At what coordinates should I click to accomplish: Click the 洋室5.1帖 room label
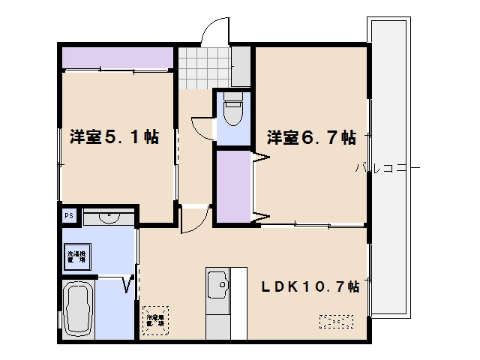coord(113,137)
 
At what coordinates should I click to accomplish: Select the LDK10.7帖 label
coord(310,287)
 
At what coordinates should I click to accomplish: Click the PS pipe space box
coord(68,216)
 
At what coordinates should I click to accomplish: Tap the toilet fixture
coord(232,112)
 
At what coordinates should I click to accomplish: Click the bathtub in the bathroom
coord(78,310)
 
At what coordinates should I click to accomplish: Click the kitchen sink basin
coord(219,285)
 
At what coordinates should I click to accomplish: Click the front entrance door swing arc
coord(212,32)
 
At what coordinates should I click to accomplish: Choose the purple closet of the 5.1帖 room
coord(118,57)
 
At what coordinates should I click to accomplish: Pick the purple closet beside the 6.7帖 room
coord(233,186)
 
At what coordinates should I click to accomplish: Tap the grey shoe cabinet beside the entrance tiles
coord(241,66)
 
